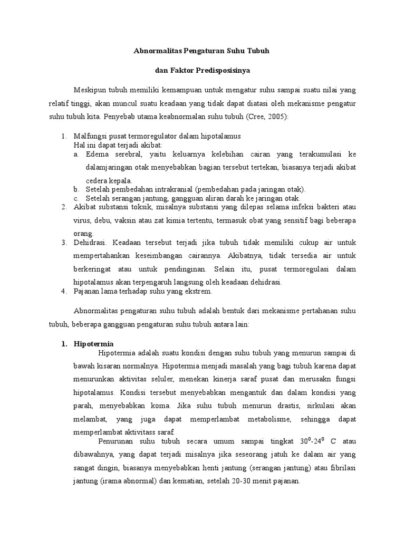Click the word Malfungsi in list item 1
90,136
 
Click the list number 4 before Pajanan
63,291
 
